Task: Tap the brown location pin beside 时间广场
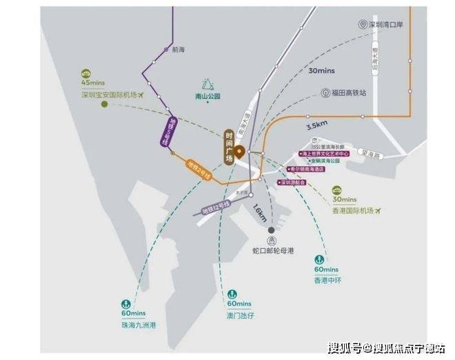pyautogui.click(x=239, y=152)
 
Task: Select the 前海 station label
pyautogui.click(x=179, y=50)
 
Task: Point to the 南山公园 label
pyautogui.click(x=207, y=97)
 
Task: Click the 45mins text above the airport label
pyautogui.click(x=92, y=83)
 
